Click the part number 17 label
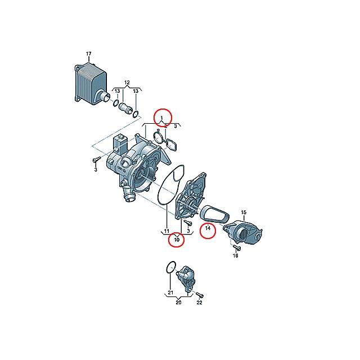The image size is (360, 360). (x=89, y=54)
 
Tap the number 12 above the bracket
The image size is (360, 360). (x=127, y=83)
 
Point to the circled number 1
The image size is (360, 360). (x=161, y=118)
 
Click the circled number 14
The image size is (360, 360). (x=208, y=228)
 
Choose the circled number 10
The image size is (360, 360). (x=177, y=240)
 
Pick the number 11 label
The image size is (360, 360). (x=166, y=231)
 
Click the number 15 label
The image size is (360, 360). (x=244, y=212)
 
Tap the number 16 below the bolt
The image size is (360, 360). (x=235, y=255)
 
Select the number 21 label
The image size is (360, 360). (x=170, y=292)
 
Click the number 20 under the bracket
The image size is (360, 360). (x=178, y=303)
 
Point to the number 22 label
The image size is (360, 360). (x=199, y=303)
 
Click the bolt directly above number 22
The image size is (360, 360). (x=200, y=295)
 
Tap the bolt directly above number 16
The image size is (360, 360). (x=236, y=247)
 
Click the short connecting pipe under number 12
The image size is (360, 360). (x=125, y=107)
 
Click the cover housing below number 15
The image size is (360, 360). (x=244, y=232)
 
